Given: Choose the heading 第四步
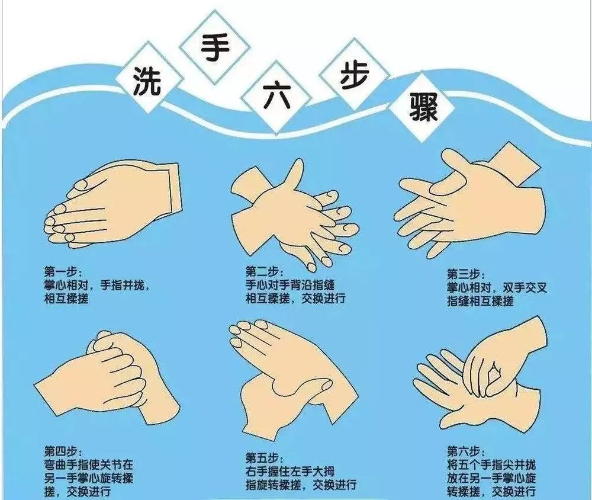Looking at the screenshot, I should coord(59,451).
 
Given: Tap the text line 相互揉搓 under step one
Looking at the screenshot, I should coord(66,299).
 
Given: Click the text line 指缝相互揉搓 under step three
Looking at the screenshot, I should coord(480,302).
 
